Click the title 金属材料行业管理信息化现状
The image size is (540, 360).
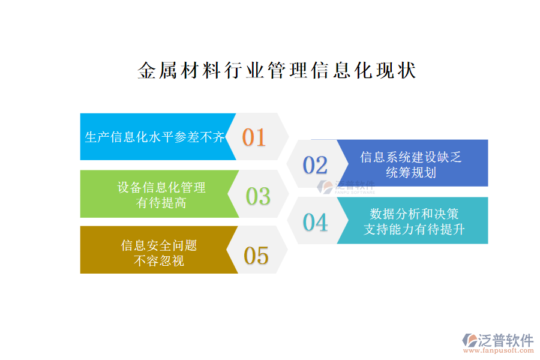[277, 70]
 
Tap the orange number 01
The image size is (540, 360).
[254, 137]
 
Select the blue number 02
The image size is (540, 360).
[315, 164]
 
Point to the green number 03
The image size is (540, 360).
[258, 196]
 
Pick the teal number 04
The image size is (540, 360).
[315, 222]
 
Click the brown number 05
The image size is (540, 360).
[256, 255]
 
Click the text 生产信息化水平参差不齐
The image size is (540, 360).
[155, 137]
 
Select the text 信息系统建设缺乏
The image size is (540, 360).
[411, 157]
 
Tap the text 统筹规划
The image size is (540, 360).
[411, 172]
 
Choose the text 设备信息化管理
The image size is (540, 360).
[161, 187]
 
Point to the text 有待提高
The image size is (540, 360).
[161, 203]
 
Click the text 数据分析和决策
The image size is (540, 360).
[414, 214]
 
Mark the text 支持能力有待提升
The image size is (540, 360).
[414, 229]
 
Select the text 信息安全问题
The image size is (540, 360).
[159, 245]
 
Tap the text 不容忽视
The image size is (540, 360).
[159, 260]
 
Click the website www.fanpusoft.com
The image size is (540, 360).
[498, 350]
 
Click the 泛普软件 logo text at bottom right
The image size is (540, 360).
[506, 340]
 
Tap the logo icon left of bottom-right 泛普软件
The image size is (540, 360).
[470, 340]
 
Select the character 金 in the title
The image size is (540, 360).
[147, 70]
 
